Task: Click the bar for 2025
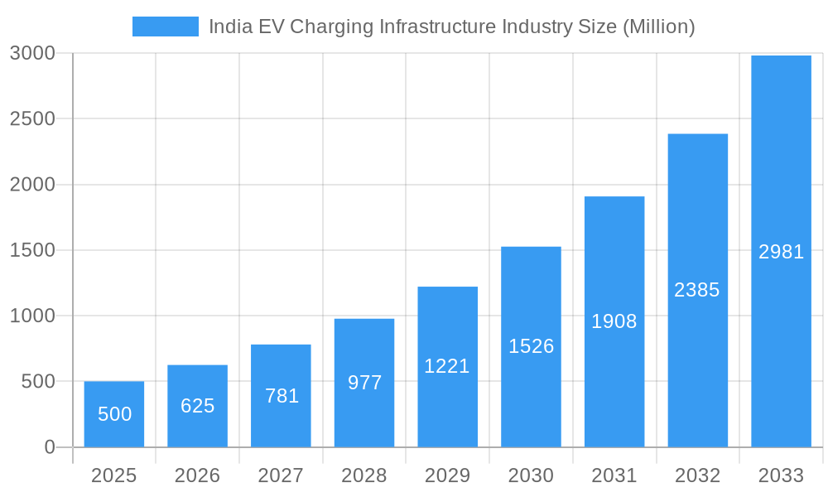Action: click(x=114, y=414)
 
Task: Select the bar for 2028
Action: click(x=364, y=383)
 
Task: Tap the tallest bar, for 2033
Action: click(x=781, y=251)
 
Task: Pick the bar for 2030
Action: click(x=531, y=346)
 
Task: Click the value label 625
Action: click(x=198, y=406)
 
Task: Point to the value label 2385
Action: click(x=697, y=290)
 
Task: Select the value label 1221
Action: click(x=447, y=366)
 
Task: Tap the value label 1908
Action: click(x=614, y=321)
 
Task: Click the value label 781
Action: click(x=282, y=396)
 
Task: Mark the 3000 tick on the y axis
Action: click(x=32, y=53)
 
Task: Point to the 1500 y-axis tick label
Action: click(x=32, y=250)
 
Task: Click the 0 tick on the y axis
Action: click(x=49, y=447)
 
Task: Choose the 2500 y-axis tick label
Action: click(x=32, y=118)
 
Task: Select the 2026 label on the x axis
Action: click(x=197, y=475)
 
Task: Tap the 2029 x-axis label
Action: click(x=447, y=475)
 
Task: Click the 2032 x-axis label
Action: click(x=697, y=475)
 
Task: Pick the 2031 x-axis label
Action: click(x=614, y=475)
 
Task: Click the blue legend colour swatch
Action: click(x=166, y=27)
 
